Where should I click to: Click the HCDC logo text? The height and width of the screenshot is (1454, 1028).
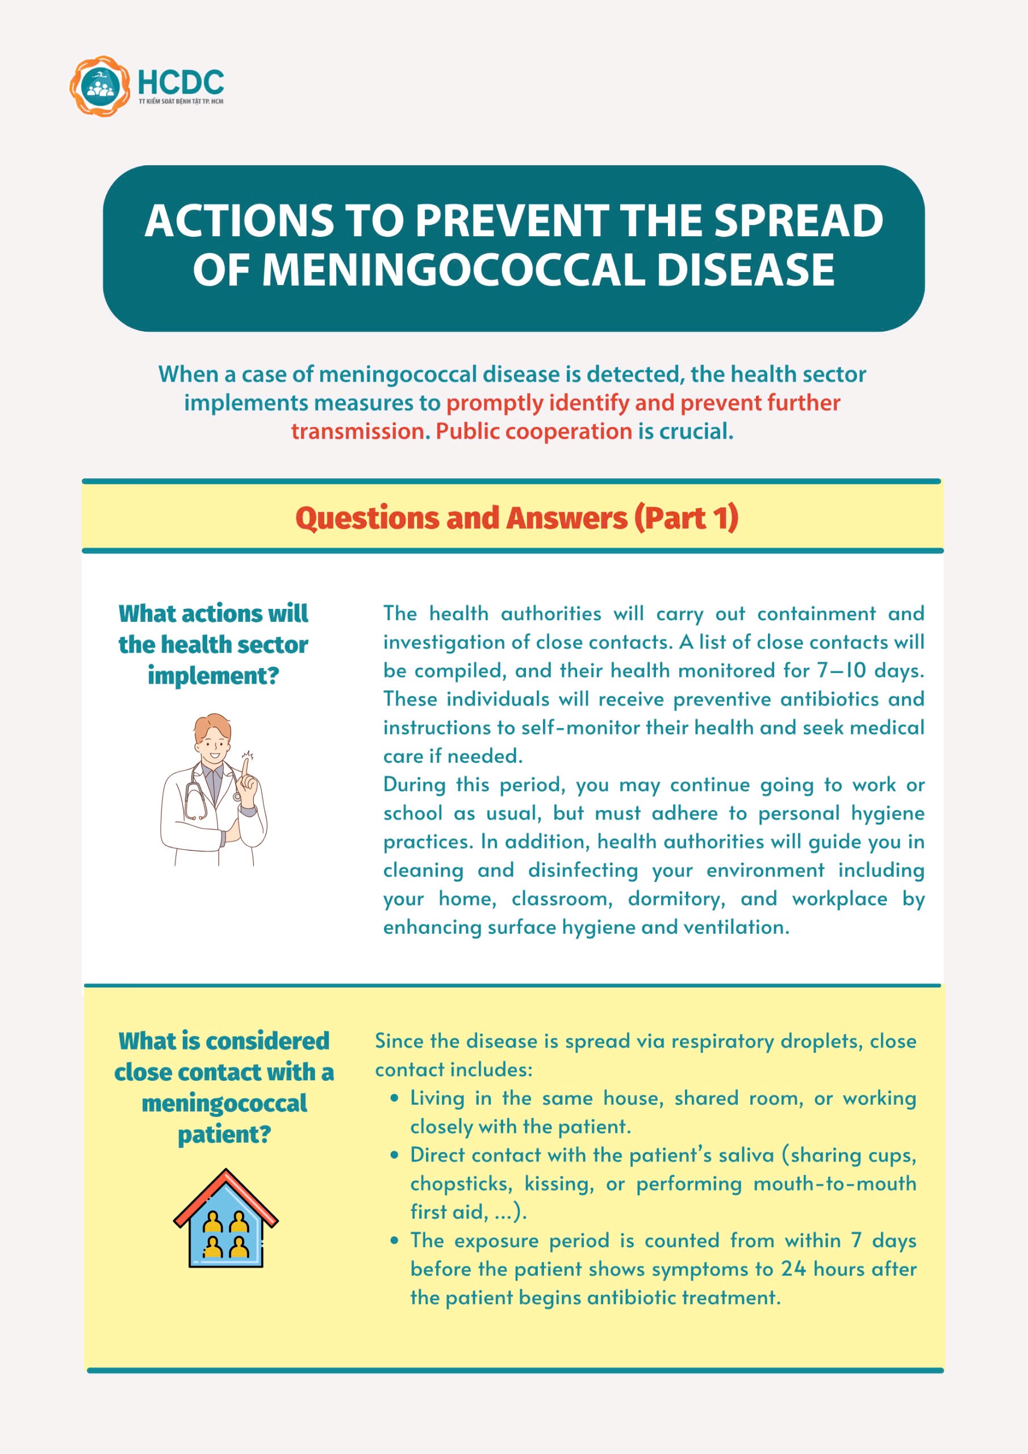point(181,82)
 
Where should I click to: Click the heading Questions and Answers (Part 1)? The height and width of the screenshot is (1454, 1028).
point(516,518)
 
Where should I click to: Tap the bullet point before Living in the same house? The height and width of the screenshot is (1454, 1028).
point(395,1098)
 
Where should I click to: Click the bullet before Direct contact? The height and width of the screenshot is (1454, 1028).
point(395,1155)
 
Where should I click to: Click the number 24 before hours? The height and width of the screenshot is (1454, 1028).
point(793,1269)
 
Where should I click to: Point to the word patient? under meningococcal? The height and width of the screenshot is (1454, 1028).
point(224,1134)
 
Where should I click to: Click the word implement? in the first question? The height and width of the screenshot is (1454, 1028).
point(214,675)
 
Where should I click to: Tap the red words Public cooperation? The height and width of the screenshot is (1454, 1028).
point(534,431)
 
